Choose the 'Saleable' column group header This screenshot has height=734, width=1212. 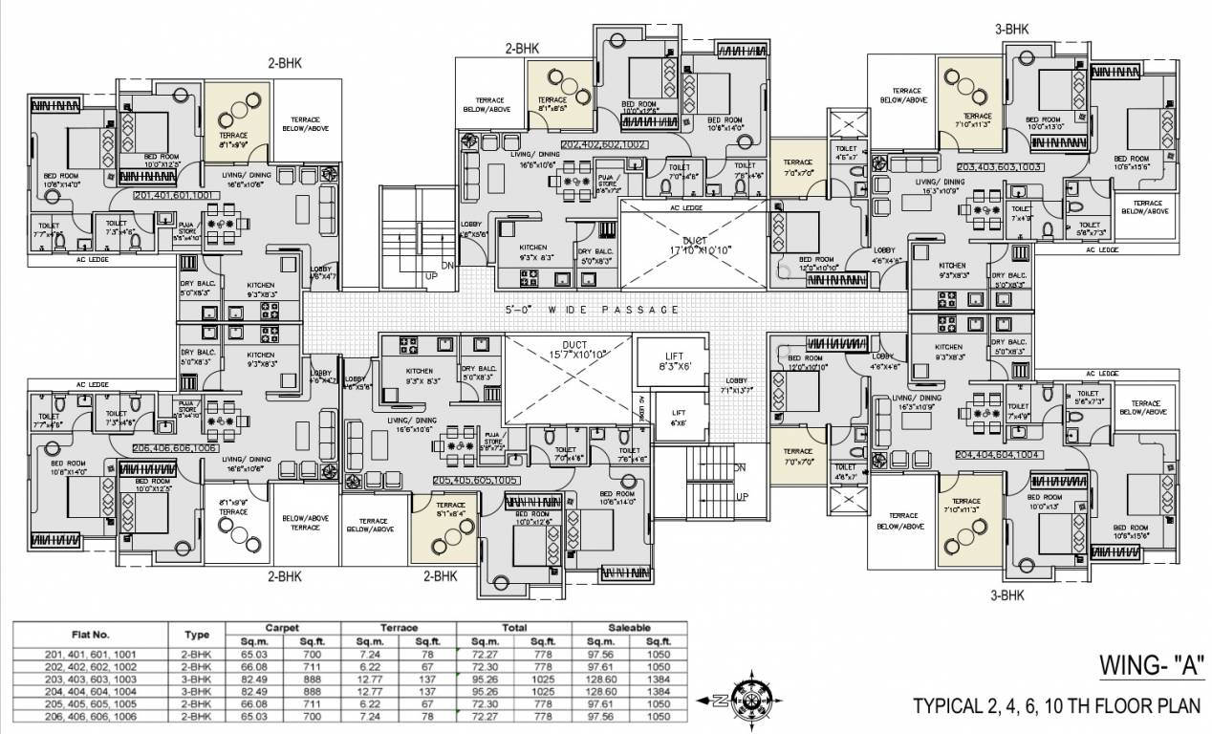pos(628,628)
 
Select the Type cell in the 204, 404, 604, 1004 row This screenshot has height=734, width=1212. pos(196,689)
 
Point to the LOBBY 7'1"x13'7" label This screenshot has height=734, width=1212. pos(740,385)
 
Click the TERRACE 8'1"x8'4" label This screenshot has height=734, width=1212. pos(450,509)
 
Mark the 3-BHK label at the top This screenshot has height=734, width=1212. pos(1011,30)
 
